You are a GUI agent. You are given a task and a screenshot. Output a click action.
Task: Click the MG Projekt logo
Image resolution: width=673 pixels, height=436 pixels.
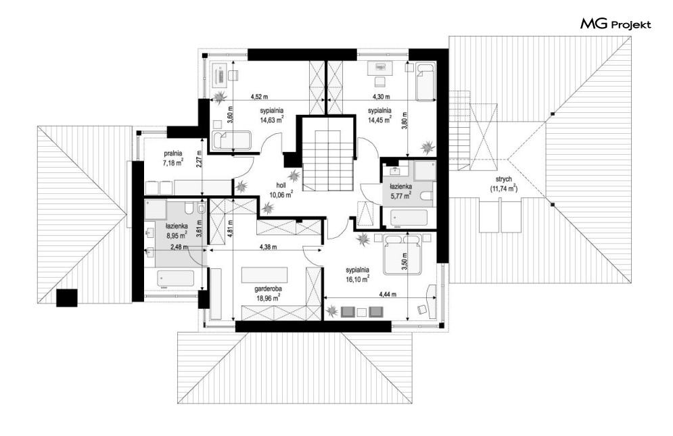(616, 24)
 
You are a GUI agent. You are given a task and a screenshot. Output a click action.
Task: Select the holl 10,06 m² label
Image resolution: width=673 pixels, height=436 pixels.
(281, 190)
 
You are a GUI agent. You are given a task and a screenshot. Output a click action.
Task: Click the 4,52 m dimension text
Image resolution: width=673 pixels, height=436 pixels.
(259, 97)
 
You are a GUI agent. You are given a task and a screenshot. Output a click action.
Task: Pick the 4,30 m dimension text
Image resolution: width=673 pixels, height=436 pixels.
(381, 97)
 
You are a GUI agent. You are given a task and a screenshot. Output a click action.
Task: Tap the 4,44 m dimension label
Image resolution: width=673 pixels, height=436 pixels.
(387, 295)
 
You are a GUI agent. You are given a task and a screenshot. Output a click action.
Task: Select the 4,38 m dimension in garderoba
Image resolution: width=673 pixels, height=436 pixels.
(268, 247)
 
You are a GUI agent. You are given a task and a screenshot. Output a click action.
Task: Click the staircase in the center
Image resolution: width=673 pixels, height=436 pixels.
(327, 160)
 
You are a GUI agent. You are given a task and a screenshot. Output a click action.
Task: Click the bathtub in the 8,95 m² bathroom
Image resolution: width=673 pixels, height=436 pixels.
(176, 279)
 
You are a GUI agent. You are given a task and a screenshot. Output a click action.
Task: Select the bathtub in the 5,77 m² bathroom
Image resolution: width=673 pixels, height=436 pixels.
(409, 218)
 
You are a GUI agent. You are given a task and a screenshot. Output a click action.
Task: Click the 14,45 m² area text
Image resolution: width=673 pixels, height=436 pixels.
(379, 120)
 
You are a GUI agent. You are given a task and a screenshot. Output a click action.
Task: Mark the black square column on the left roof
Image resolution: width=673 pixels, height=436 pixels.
(67, 298)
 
